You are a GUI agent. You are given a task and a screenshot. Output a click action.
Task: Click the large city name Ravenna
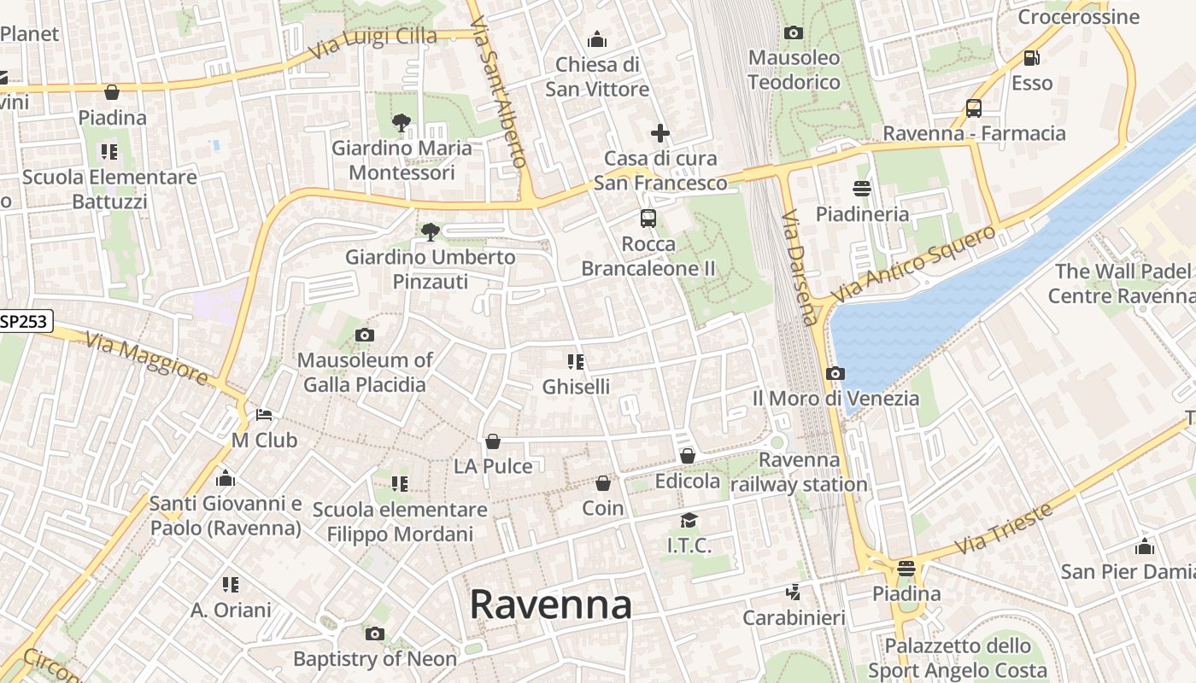tap(551, 604)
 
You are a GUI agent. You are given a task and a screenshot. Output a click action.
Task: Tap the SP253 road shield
tap(26, 321)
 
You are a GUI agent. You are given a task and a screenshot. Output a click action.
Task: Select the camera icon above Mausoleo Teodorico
tap(794, 33)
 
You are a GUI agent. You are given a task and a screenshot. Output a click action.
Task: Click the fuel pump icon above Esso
tap(1032, 58)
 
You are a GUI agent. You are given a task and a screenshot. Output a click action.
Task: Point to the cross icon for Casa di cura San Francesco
tap(660, 133)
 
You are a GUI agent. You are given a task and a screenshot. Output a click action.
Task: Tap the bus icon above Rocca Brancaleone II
tap(648, 219)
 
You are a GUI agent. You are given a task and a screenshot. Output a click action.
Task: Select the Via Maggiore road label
tap(147, 359)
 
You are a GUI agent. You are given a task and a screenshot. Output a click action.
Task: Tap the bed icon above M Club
tap(265, 415)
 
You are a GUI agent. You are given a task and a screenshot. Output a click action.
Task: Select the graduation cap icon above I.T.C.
tap(689, 520)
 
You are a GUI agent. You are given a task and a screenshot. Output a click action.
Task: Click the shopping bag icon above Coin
tap(603, 483)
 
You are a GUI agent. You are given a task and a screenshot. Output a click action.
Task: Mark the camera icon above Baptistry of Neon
tap(374, 633)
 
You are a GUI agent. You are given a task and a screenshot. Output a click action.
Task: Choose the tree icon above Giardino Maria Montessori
tap(402, 123)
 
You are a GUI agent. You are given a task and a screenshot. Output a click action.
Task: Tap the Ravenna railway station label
tap(800, 472)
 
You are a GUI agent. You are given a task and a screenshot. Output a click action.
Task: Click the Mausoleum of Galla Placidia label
tap(365, 372)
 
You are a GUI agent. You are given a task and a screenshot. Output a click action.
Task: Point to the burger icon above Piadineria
tap(861, 189)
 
